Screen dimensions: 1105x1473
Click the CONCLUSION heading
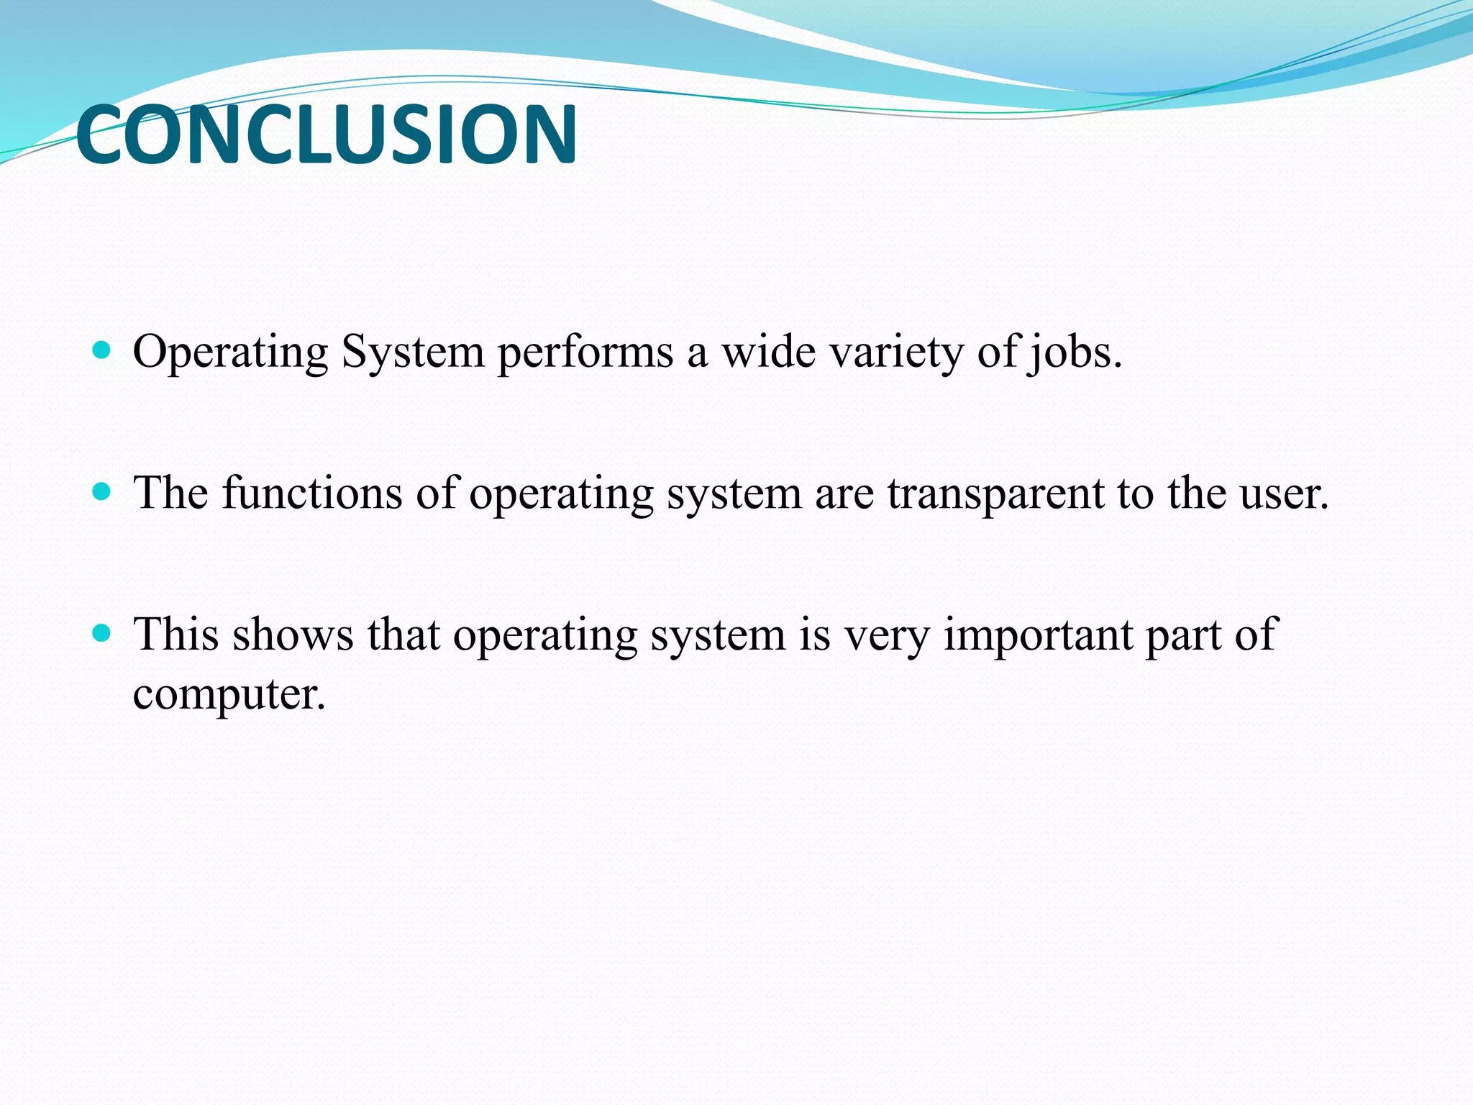click(x=326, y=135)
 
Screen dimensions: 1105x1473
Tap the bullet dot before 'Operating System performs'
click(x=102, y=351)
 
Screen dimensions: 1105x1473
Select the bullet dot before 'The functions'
click(x=102, y=492)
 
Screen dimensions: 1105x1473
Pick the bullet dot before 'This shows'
click(x=102, y=633)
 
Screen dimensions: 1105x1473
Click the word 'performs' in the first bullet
click(x=585, y=354)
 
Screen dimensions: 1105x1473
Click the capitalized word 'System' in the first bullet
click(x=413, y=354)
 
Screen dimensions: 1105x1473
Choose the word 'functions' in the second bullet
click(x=312, y=494)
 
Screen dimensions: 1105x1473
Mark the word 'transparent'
click(x=995, y=495)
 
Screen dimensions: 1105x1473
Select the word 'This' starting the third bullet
click(x=176, y=635)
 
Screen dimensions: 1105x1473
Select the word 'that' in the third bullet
click(x=403, y=635)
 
